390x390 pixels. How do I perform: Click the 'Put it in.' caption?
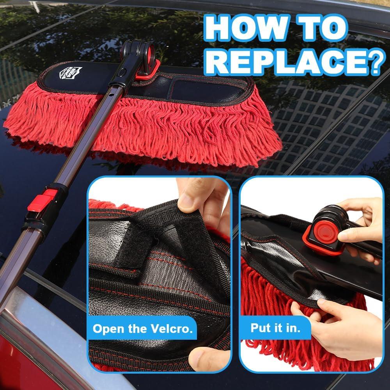pos(275,327)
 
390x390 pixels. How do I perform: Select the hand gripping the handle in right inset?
pos(359,230)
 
